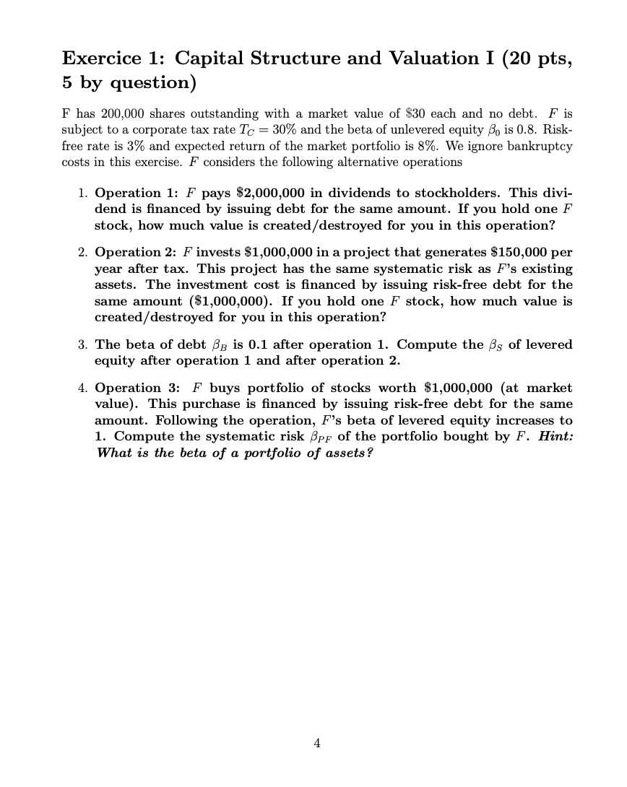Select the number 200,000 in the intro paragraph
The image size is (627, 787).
96,114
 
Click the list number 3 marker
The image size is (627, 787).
82,344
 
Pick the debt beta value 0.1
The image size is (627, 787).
255,344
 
